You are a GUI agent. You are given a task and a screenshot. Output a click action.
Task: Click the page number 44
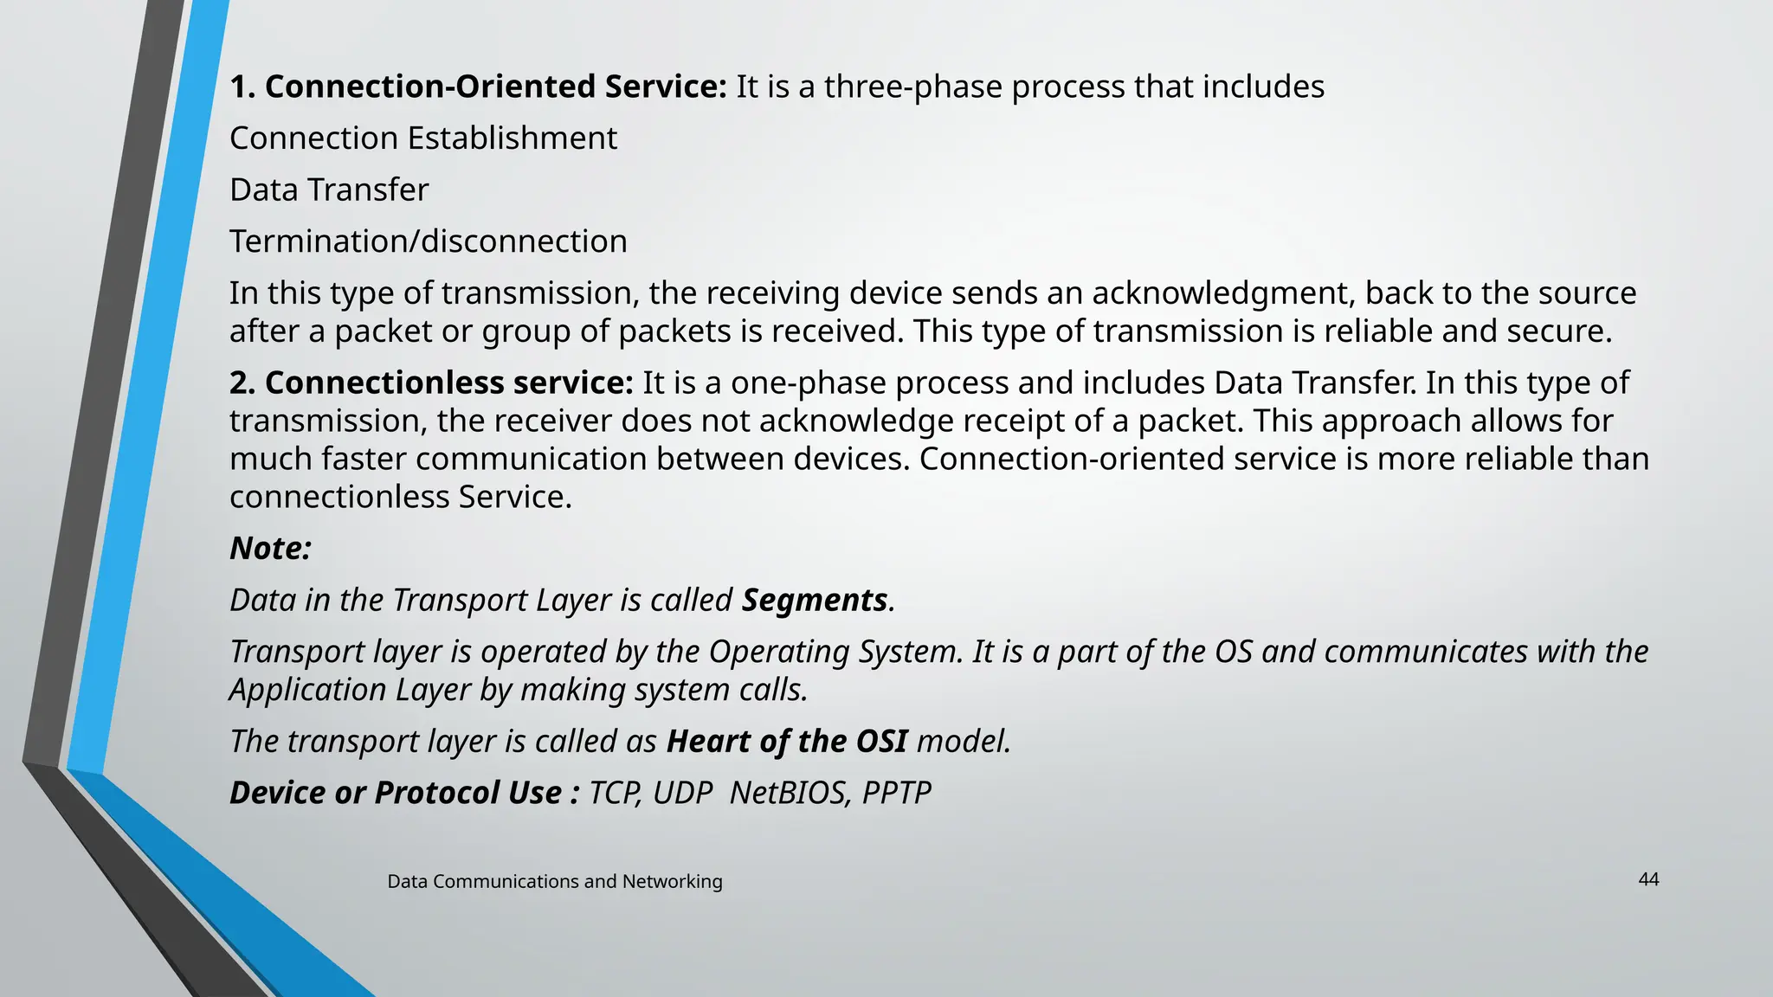pos(1648,879)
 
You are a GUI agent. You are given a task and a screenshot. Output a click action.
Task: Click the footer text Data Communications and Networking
pos(554,881)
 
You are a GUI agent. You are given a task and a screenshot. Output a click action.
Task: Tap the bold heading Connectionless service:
pos(432,383)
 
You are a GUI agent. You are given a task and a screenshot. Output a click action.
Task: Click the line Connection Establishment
pos(423,138)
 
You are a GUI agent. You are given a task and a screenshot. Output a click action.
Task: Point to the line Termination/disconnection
pos(429,241)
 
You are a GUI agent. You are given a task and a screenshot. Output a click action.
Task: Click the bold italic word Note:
pos(270,549)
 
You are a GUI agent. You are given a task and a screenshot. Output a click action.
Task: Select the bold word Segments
pos(815,600)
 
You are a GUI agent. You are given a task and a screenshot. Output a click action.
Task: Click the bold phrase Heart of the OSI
pos(787,742)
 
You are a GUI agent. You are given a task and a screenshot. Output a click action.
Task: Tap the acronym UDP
pos(682,793)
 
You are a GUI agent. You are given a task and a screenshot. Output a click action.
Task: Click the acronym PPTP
pos(897,793)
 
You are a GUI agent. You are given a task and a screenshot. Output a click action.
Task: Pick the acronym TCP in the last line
pos(614,793)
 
